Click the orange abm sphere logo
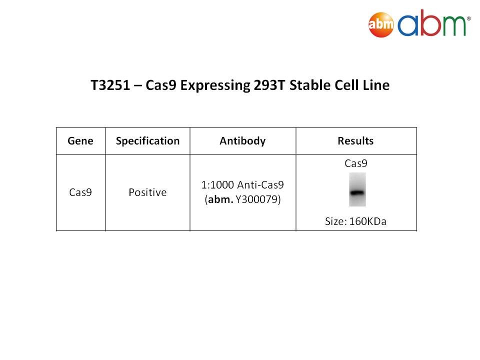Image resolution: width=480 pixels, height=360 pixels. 381,24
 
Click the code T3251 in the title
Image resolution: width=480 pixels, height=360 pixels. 110,85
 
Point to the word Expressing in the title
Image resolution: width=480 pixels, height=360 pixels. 215,85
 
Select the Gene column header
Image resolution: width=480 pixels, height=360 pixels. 80,141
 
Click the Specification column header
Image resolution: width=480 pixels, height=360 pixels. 147,141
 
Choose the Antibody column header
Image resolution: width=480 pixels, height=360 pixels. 243,141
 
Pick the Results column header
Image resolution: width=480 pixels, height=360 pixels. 355,141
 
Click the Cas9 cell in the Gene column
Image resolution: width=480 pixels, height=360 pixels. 80,192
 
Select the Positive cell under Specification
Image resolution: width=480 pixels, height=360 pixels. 147,192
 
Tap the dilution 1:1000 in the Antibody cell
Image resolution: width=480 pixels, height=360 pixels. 217,185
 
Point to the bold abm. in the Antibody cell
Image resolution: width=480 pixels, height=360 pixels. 220,199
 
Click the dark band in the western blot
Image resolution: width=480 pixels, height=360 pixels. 357,192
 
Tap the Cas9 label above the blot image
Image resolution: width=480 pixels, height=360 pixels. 356,163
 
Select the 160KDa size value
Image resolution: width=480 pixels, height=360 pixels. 367,221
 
